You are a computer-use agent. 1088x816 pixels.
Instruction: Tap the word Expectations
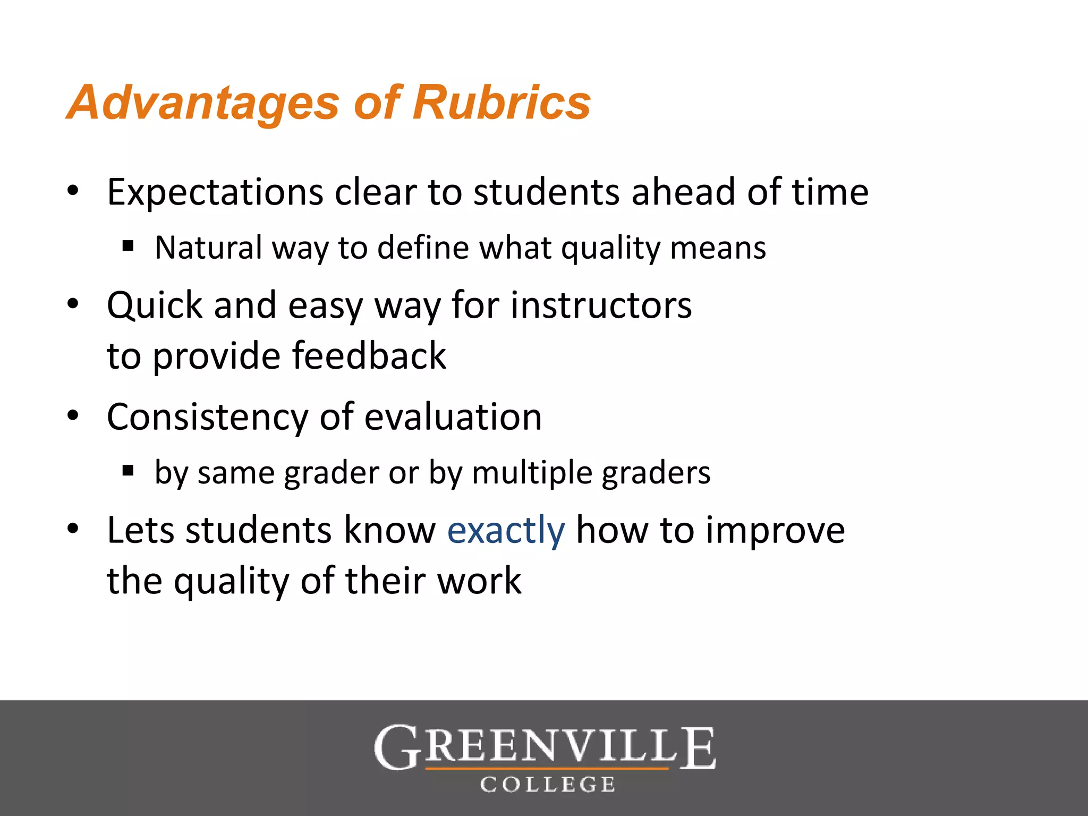(215, 192)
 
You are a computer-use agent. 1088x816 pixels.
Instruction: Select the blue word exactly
(506, 531)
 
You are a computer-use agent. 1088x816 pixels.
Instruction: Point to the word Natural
(208, 248)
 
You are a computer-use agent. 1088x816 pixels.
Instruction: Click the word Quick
(155, 305)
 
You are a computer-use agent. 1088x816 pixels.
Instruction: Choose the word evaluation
(453, 417)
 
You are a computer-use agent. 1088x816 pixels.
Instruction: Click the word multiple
(531, 473)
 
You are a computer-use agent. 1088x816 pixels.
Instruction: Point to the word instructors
(601, 305)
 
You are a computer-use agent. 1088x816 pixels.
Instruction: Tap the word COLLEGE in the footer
(548, 785)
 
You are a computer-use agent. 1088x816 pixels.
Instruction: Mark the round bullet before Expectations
(73, 190)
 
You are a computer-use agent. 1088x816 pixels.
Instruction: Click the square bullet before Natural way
(127, 245)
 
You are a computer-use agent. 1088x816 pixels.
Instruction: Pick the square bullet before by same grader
(127, 470)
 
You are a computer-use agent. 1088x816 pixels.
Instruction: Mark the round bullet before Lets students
(73, 529)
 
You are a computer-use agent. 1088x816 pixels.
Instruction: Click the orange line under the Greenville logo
(547, 768)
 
